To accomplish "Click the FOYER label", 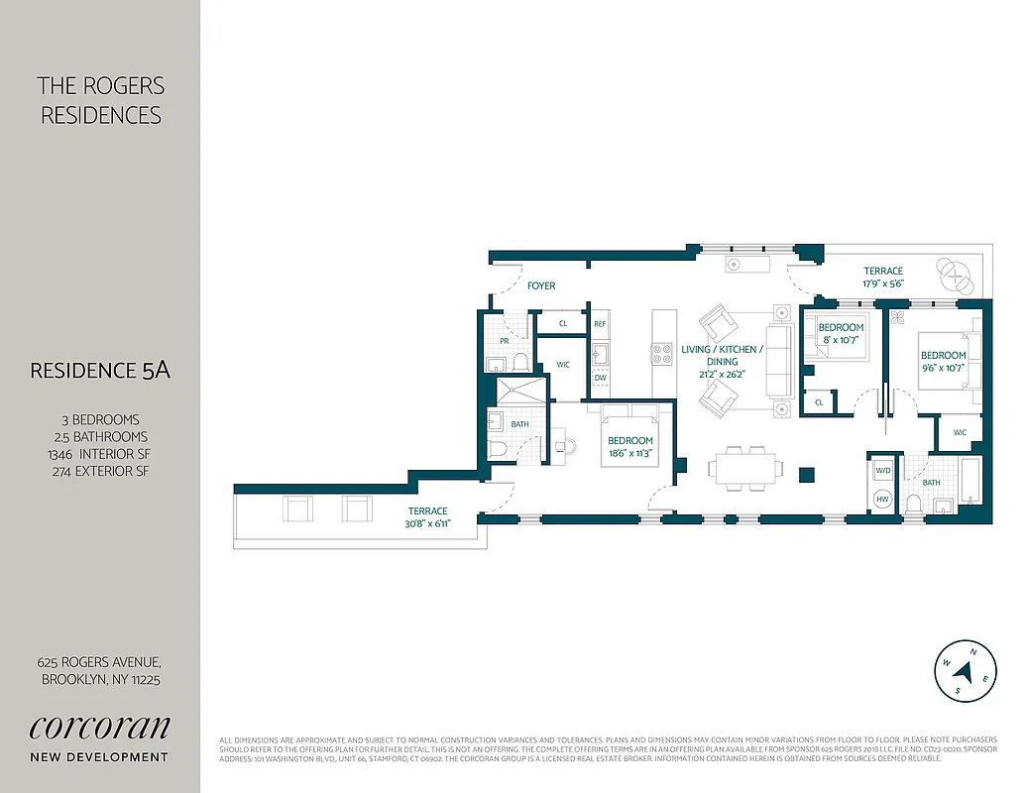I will (540, 285).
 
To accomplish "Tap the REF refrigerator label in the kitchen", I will (600, 324).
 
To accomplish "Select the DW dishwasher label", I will (600, 378).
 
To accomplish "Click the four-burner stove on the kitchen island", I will (661, 352).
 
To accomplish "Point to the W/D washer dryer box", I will (883, 471).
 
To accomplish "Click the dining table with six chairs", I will (742, 467).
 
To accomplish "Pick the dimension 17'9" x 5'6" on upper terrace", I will (882, 283).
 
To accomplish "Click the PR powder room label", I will (504, 340).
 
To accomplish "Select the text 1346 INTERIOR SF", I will (99, 454).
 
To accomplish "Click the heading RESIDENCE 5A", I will (100, 371).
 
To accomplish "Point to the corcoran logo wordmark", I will (99, 726).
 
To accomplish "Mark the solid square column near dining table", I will (807, 474).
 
